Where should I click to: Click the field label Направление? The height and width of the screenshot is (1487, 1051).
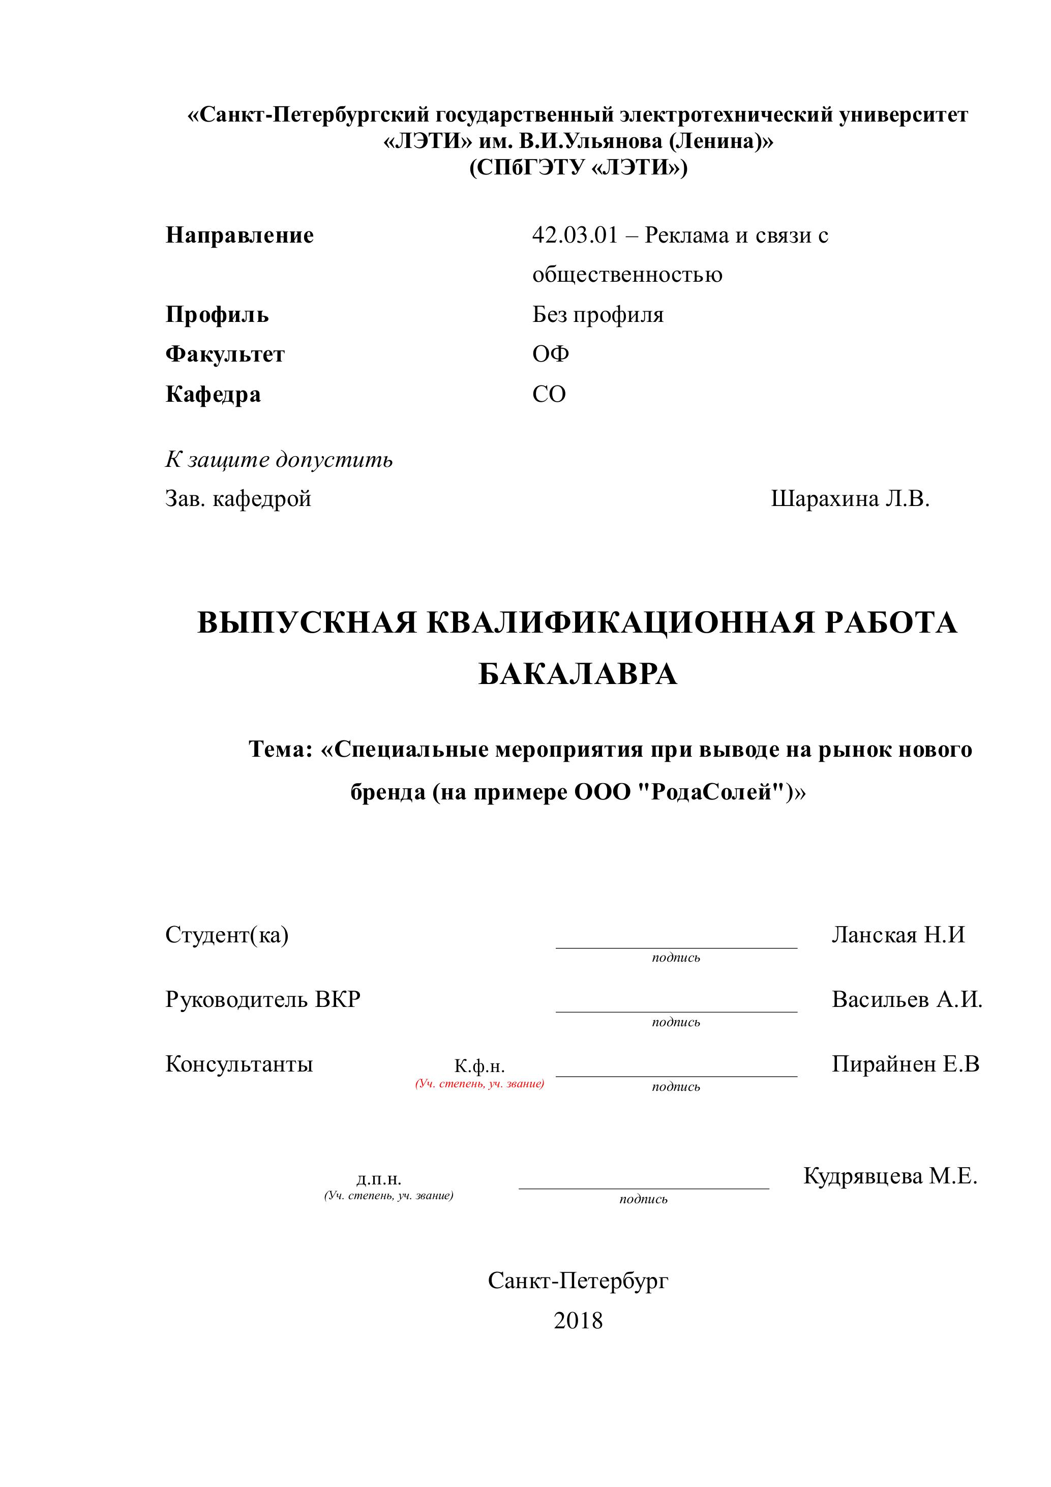239,235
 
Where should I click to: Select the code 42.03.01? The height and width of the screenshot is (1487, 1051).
575,235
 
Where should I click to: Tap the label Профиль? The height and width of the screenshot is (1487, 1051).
217,315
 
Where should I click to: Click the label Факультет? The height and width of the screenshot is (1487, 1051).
225,354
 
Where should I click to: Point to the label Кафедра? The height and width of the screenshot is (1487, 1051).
213,395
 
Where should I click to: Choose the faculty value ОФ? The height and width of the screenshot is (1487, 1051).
551,354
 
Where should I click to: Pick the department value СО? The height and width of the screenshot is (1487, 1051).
549,395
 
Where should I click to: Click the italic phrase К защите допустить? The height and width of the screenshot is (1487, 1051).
279,460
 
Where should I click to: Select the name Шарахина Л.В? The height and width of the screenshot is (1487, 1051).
850,499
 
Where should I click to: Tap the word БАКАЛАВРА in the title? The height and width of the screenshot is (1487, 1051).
578,675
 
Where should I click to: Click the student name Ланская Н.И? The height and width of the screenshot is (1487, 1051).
898,935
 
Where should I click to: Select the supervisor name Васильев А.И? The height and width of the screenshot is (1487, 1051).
907,999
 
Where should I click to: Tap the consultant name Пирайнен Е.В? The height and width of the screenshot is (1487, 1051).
905,1064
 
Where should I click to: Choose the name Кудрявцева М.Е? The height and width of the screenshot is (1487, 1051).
890,1175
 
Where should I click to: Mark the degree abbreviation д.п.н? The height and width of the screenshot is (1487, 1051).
379,1179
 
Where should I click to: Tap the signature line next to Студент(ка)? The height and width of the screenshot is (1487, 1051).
676,947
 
